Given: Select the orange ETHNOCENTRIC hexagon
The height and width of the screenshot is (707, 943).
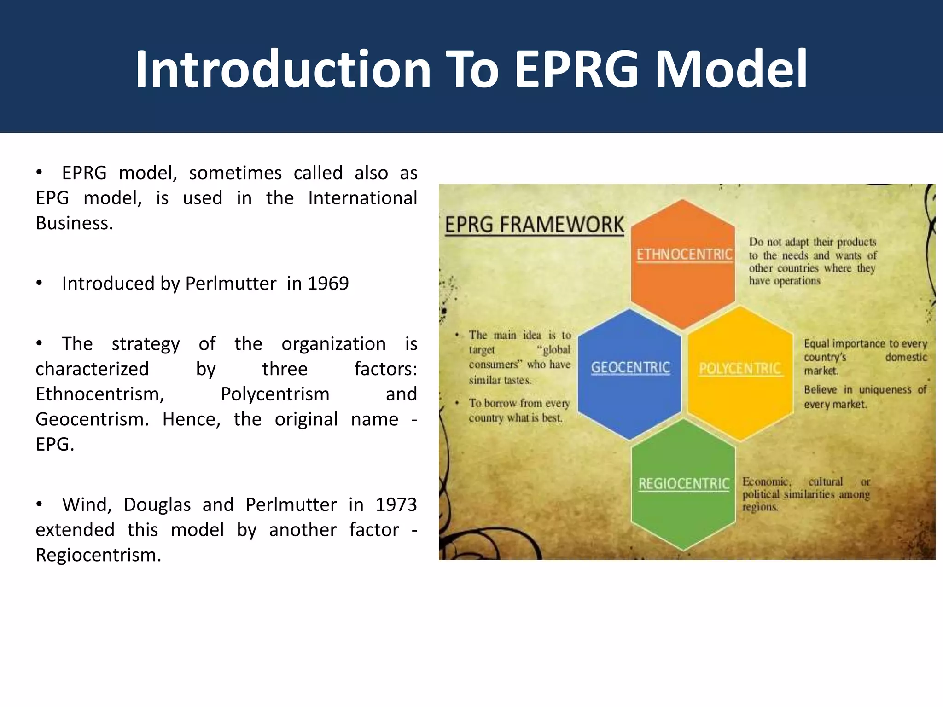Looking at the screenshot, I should click(683, 265).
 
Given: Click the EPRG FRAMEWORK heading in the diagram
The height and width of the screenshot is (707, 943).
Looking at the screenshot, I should click(534, 225).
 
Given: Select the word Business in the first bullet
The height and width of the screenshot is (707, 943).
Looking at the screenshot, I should click(74, 223).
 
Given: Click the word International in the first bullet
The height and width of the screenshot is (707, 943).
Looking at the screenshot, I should click(362, 198).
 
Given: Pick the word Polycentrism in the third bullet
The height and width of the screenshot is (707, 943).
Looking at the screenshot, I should click(275, 394).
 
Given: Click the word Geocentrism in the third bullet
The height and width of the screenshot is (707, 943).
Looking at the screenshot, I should click(92, 419).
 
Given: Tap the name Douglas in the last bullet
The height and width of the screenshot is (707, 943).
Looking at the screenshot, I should click(157, 505).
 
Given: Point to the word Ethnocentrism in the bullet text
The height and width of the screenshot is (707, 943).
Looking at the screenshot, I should click(99, 394).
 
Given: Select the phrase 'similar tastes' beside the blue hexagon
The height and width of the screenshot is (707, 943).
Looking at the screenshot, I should click(500, 380).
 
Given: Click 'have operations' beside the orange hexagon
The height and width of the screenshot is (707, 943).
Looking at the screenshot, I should click(784, 281).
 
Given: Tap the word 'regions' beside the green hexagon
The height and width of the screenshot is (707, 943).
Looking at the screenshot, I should click(760, 507).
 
